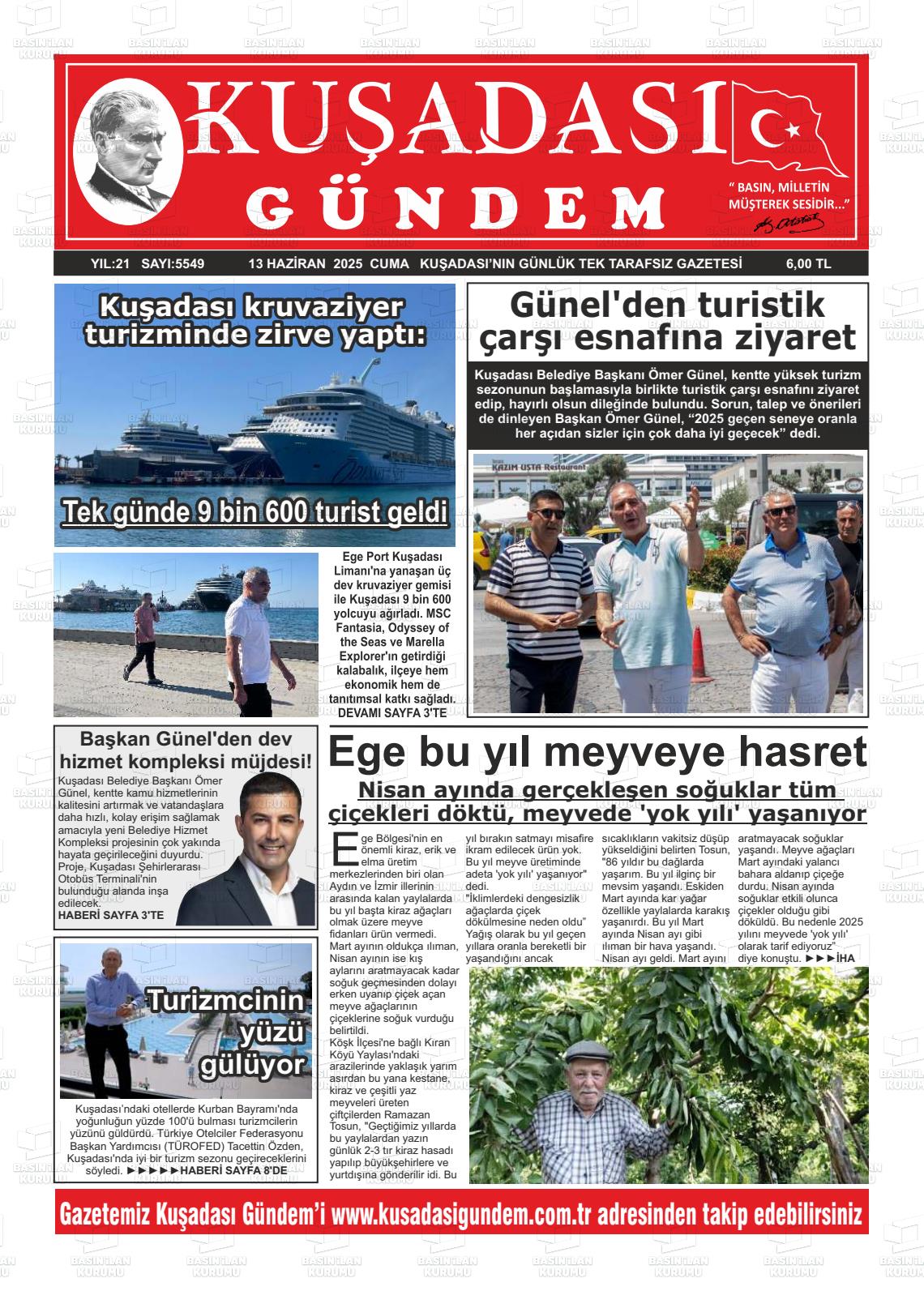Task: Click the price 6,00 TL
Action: [807, 263]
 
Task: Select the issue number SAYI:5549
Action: [173, 263]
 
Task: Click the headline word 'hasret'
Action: [799, 753]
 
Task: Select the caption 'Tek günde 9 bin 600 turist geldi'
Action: [255, 513]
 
